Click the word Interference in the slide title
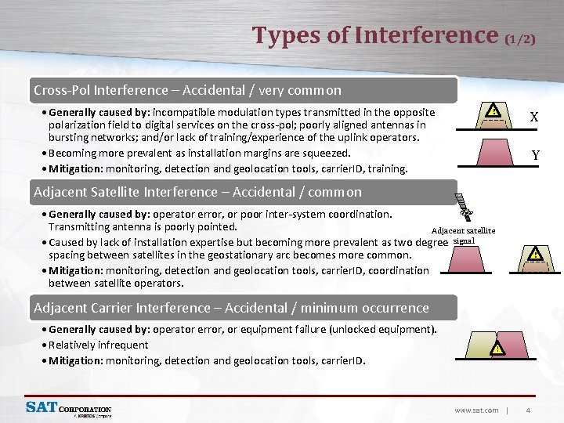(x=426, y=35)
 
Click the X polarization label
(x=533, y=117)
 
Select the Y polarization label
(x=535, y=155)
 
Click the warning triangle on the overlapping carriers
(x=497, y=349)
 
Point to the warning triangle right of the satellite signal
(x=535, y=254)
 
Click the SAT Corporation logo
(x=68, y=408)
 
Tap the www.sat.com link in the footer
(x=476, y=410)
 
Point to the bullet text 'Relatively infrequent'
(x=98, y=345)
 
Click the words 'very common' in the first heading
(x=304, y=90)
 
